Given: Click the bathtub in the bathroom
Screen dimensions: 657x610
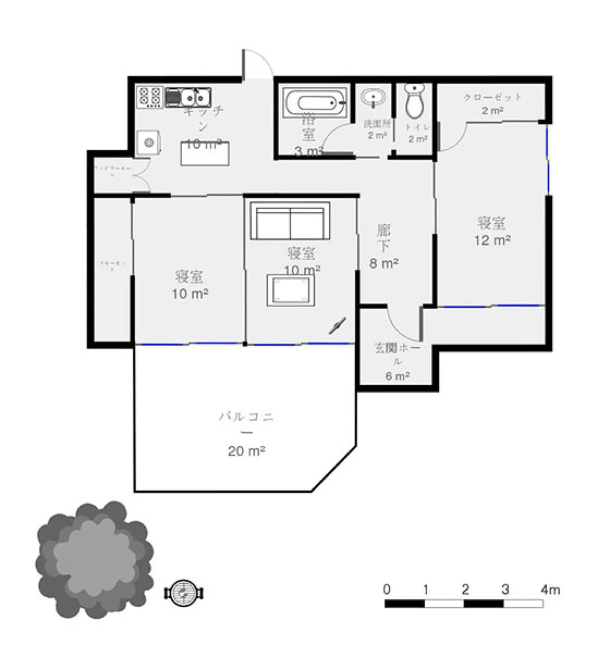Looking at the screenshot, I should click(x=315, y=102).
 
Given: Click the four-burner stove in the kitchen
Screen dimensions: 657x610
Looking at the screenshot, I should click(x=150, y=97).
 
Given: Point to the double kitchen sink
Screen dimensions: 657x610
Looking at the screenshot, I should click(x=188, y=97).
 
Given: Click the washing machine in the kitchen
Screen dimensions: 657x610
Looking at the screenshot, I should click(x=149, y=143).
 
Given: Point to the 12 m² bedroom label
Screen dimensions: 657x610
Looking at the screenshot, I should click(x=492, y=231).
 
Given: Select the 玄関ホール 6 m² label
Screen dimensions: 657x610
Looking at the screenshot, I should click(x=397, y=362).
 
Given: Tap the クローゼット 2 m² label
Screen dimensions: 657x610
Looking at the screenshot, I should click(x=492, y=104).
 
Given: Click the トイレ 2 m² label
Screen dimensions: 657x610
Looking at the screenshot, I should click(x=418, y=133).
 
